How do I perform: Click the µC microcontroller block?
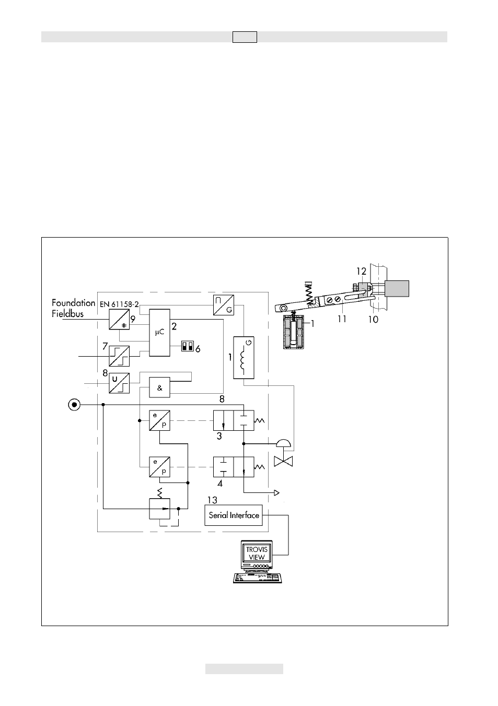[x=159, y=333]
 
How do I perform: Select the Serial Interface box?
[x=234, y=515]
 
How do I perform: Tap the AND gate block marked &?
[x=159, y=387]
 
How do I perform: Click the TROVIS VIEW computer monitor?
[x=257, y=556]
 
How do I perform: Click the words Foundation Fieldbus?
[x=73, y=308]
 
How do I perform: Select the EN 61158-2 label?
[x=119, y=304]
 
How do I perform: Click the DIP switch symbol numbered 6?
[x=188, y=346]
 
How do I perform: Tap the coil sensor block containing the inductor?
[x=244, y=358]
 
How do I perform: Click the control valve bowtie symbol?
[x=283, y=462]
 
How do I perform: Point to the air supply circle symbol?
[x=74, y=405]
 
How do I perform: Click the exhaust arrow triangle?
[x=276, y=492]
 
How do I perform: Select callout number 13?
[x=212, y=500]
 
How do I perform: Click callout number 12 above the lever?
[x=362, y=271]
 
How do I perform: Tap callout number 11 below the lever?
[x=342, y=319]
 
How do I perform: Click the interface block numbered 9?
[x=119, y=319]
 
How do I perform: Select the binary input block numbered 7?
[x=119, y=356]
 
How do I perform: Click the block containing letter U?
[x=119, y=383]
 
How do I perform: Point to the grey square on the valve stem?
[x=397, y=288]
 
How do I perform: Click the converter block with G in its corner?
[x=224, y=305]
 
